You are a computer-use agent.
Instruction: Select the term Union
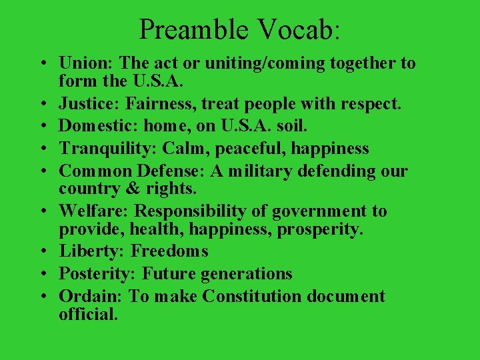[x=86, y=63]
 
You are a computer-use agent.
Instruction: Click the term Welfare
[x=94, y=211]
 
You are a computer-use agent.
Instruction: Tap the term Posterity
[x=98, y=273]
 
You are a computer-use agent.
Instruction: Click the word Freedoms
[x=170, y=251]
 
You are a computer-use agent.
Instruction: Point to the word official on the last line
[x=88, y=313]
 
